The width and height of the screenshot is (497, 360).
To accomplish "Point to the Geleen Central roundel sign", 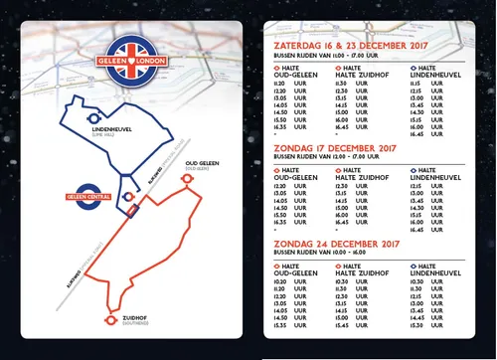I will coord(90,196).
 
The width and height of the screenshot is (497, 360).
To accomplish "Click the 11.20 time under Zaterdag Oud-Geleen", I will coord(281,84).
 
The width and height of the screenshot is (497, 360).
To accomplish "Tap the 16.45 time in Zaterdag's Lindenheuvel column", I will coord(417,136).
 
